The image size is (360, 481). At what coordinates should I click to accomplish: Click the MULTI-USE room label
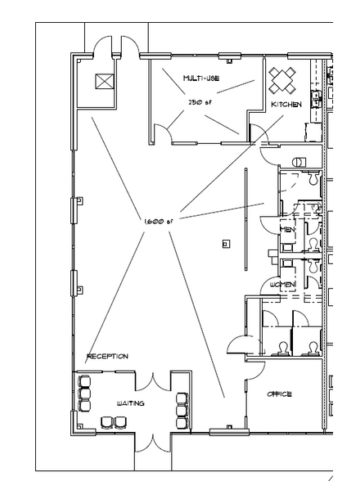click(x=200, y=79)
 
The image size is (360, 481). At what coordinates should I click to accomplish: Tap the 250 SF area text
click(x=200, y=102)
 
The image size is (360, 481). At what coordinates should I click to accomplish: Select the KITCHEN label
click(x=286, y=105)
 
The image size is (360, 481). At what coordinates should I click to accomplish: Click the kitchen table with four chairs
click(x=283, y=79)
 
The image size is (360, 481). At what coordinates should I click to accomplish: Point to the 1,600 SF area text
click(x=158, y=221)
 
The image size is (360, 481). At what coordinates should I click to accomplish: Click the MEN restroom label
click(x=288, y=230)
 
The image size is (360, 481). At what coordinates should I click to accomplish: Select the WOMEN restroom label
click(x=282, y=284)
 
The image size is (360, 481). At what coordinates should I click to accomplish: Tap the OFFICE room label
click(x=280, y=394)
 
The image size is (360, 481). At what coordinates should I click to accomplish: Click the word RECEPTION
click(x=107, y=356)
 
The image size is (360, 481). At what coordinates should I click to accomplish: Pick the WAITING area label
click(x=131, y=404)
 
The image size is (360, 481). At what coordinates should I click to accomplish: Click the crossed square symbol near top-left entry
click(x=104, y=82)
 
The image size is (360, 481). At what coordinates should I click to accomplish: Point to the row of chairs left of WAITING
click(x=84, y=394)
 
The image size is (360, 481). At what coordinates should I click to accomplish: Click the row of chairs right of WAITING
click(x=181, y=404)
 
